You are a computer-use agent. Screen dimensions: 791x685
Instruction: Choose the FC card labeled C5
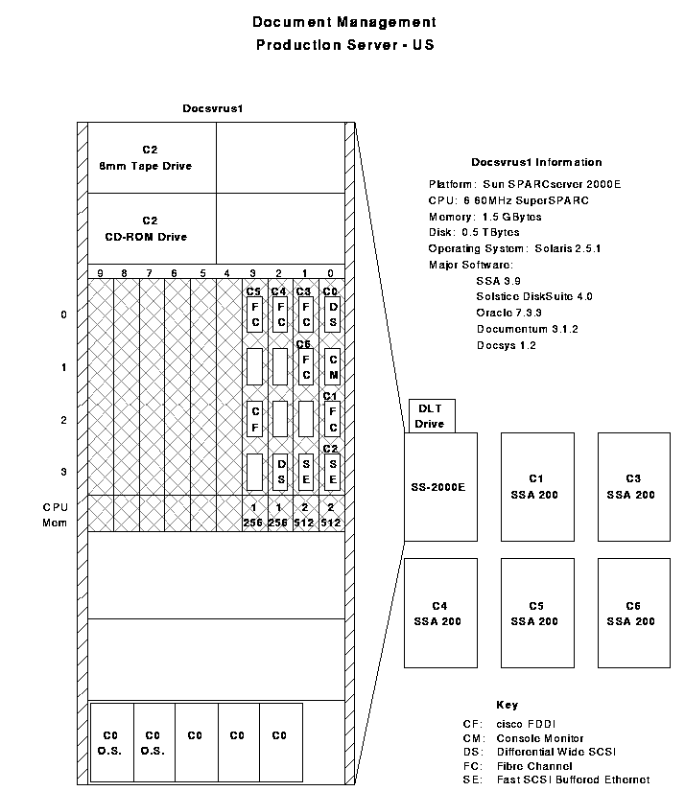click(x=253, y=314)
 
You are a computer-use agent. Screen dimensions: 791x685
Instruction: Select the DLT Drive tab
click(x=430, y=416)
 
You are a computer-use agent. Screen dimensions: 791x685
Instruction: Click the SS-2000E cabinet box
click(x=440, y=486)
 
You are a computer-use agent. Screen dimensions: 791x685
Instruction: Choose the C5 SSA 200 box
click(x=536, y=614)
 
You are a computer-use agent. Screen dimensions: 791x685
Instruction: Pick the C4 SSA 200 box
click(x=440, y=614)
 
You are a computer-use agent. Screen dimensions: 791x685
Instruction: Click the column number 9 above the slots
click(x=99, y=273)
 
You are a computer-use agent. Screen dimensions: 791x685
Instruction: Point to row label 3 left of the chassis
click(x=63, y=472)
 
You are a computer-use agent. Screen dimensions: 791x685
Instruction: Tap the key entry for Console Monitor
click(x=539, y=738)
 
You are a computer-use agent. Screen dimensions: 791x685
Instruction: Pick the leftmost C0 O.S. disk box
click(x=110, y=743)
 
